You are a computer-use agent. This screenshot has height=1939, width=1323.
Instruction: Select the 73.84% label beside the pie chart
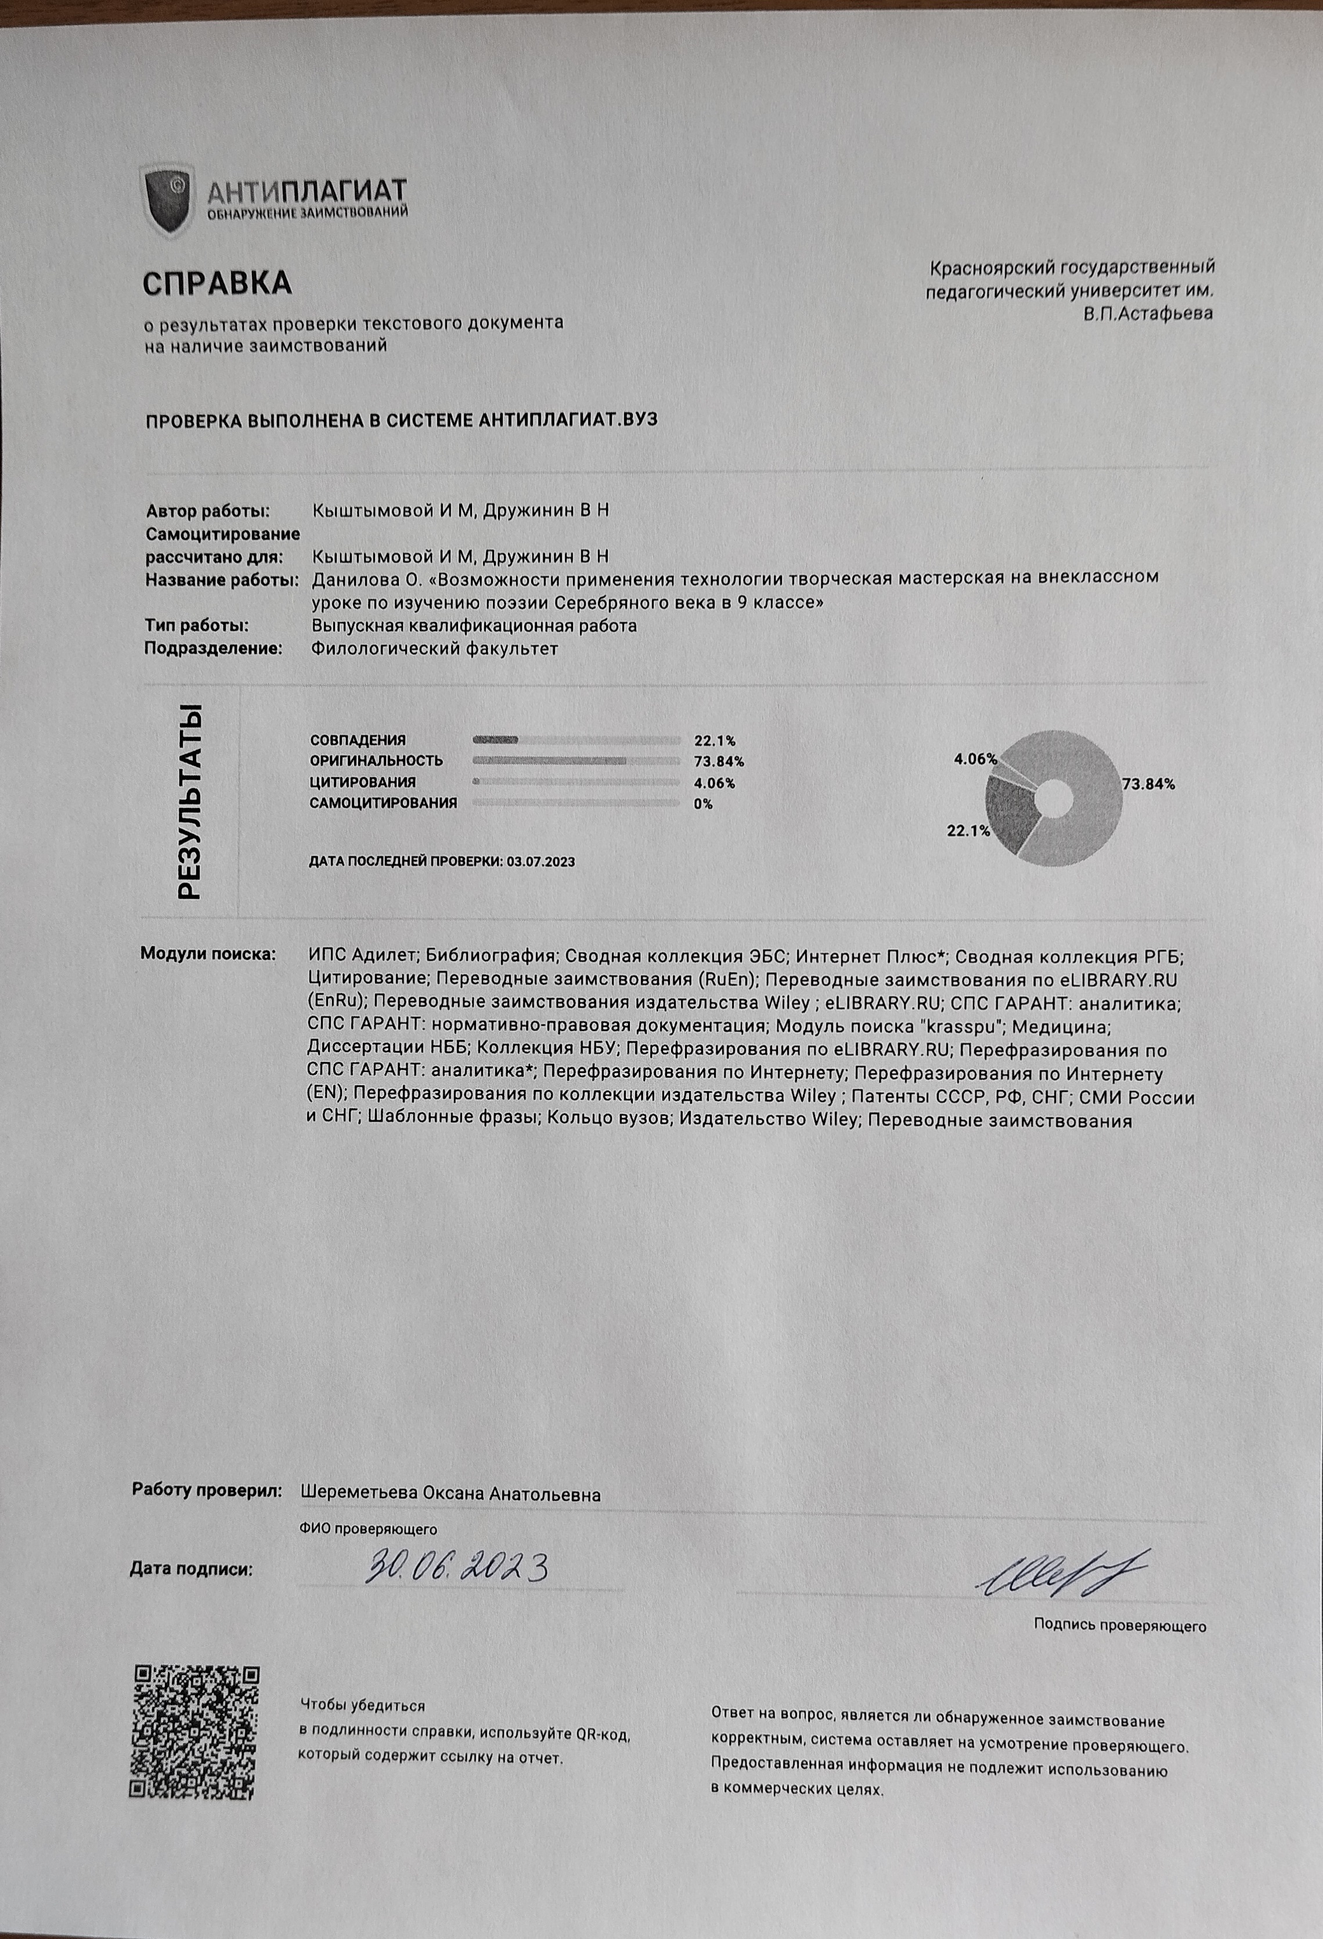pyautogui.click(x=1148, y=784)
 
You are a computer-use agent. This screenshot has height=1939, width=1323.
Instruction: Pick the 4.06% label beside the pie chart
pyautogui.click(x=975, y=759)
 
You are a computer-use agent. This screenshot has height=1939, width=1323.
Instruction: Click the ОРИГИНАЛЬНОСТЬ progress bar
pyautogui.click(x=576, y=761)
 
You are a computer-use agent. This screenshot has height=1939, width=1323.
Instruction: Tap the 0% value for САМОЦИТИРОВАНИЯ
pyautogui.click(x=703, y=804)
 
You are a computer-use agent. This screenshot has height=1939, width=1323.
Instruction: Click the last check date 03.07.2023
pyautogui.click(x=540, y=861)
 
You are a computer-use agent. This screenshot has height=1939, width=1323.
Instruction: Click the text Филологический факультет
pyautogui.click(x=434, y=648)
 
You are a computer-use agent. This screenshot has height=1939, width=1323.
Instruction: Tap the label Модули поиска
pyautogui.click(x=208, y=953)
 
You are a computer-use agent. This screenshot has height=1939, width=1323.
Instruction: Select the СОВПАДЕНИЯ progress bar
pyautogui.click(x=576, y=740)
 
